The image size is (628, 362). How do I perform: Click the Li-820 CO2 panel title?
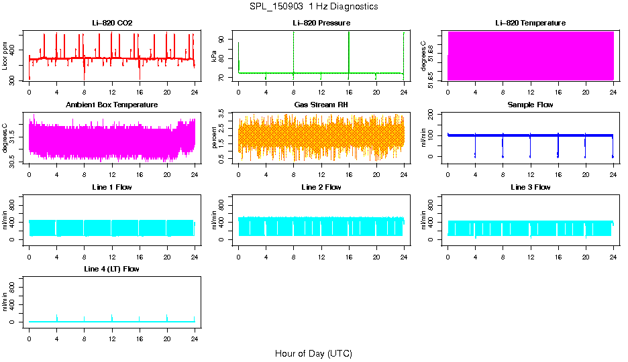(112, 23)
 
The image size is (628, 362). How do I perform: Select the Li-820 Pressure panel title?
(321, 23)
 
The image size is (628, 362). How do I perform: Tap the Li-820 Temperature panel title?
(530, 23)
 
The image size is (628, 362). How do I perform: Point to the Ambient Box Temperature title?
(112, 105)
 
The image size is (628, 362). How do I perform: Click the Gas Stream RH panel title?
(321, 105)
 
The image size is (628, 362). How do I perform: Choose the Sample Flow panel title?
(530, 105)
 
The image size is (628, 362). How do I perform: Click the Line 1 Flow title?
(112, 187)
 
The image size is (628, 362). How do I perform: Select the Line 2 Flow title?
(321, 187)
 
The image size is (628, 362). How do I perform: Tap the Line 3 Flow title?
(530, 187)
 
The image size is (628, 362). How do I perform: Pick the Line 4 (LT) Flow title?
(112, 269)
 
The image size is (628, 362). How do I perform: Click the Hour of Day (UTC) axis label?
(313, 353)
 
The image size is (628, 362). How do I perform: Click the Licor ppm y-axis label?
(5, 56)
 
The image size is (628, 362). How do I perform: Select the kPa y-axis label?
(214, 56)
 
